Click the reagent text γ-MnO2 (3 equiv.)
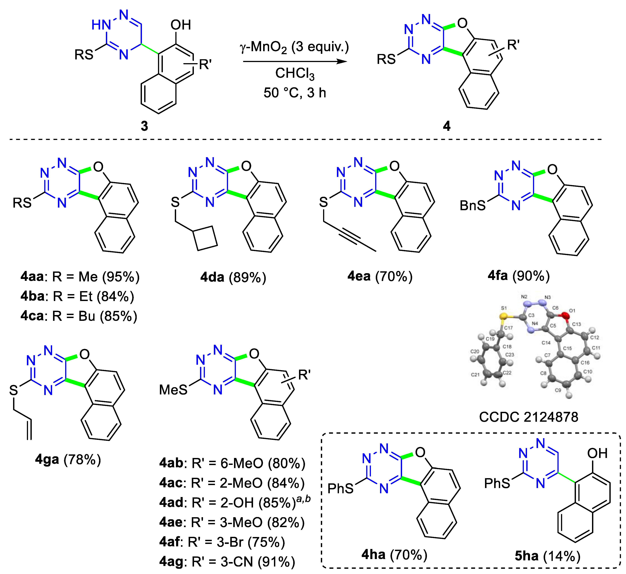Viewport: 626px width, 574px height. (294, 47)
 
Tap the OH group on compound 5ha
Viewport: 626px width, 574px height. (597, 453)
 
